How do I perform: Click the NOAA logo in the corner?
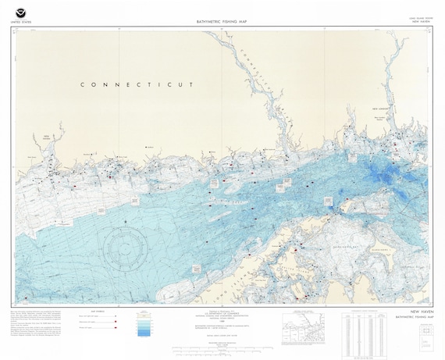coord(20,13)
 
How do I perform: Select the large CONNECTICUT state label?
coord(137,84)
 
